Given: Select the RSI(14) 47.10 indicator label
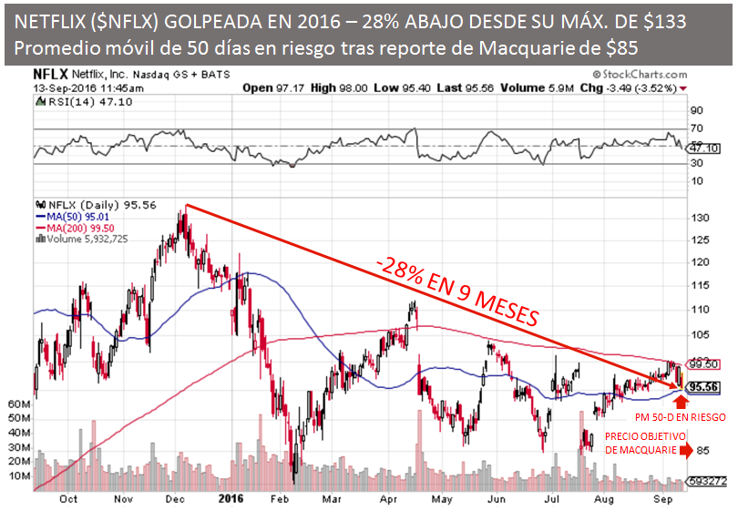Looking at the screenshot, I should pyautogui.click(x=62, y=103).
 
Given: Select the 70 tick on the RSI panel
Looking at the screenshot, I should pyautogui.click(x=697, y=130).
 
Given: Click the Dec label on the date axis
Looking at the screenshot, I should pyautogui.click(x=173, y=499).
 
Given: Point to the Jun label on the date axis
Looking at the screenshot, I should pyautogui.click(x=497, y=499).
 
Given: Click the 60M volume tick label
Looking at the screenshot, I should pyautogui.click(x=19, y=402).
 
